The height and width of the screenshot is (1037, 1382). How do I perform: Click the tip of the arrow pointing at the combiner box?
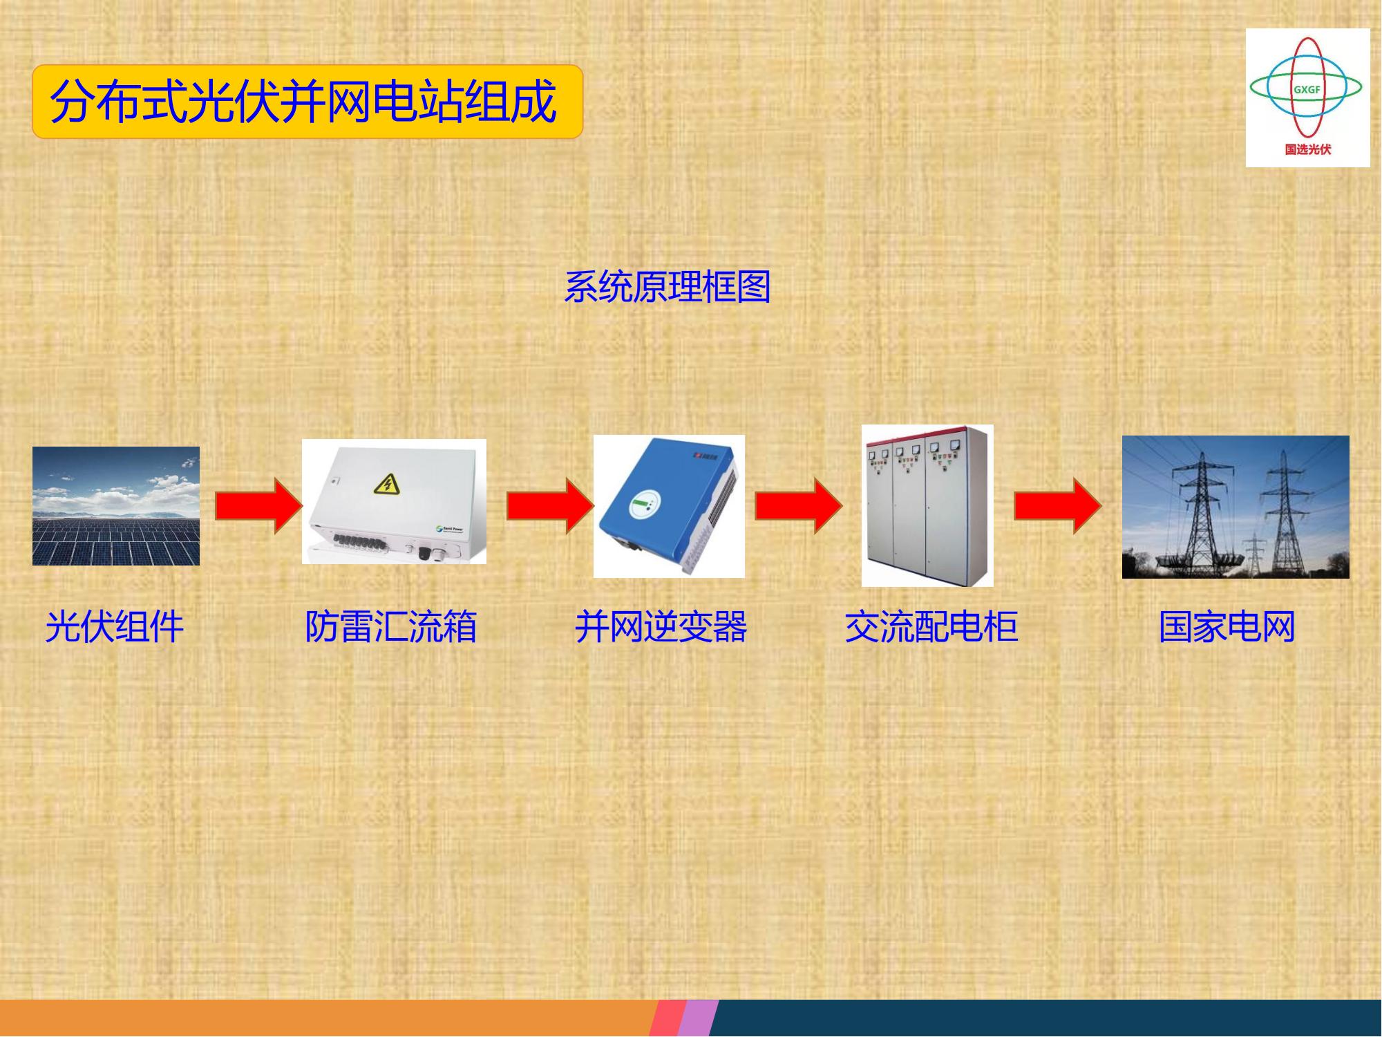coord(303,506)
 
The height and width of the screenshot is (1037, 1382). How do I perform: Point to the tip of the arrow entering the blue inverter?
coord(594,506)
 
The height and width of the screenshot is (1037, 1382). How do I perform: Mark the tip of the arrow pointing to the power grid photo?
coord(1101,506)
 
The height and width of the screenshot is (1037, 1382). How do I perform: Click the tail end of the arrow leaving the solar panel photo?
coord(216,506)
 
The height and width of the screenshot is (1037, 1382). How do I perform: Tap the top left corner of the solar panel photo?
coord(32,447)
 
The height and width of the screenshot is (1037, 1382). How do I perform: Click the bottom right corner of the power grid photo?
coord(1350,579)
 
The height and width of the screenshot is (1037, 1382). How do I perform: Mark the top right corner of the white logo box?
coord(1370,28)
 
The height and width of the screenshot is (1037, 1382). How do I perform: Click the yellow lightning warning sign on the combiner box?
coord(386,483)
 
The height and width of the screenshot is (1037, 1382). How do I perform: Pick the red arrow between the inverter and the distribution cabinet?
coord(799,506)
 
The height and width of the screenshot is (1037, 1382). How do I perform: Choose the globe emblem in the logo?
coord(1305,88)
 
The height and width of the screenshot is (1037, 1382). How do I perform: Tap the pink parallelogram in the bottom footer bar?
coord(668,1018)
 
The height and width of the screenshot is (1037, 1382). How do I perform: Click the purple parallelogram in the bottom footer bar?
coord(698,1018)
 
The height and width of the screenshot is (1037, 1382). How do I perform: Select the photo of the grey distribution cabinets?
coord(927,505)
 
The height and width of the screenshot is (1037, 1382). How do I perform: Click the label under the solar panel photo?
coord(115,627)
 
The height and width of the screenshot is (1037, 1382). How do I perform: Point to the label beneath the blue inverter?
coord(661,627)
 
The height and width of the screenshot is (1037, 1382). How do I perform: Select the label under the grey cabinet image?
coord(931,627)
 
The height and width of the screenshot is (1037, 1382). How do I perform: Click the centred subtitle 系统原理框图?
coord(668,286)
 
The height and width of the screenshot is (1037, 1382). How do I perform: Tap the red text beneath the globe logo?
coord(1308,149)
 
